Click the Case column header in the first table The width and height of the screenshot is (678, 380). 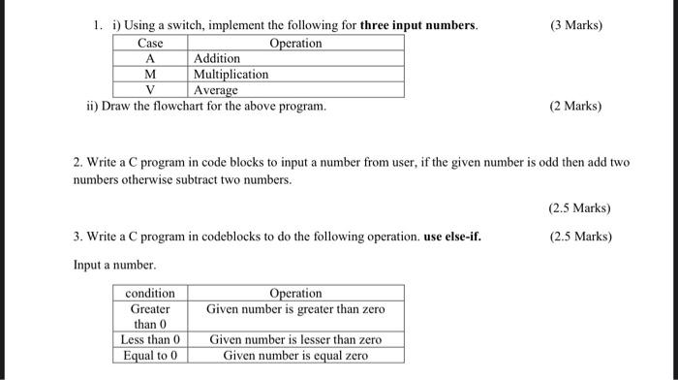click(x=150, y=44)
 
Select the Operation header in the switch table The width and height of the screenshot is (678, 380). click(x=295, y=44)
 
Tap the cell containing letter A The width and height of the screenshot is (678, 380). click(x=150, y=59)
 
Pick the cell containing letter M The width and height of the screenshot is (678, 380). click(x=150, y=74)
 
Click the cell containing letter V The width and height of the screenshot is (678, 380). click(x=150, y=89)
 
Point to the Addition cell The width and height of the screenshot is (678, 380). click(x=217, y=59)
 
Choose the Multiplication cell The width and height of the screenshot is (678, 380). click(x=231, y=74)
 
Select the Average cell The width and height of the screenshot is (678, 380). click(x=216, y=89)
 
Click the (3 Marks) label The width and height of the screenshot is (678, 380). click(x=574, y=24)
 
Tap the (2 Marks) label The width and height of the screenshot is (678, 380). click(x=574, y=105)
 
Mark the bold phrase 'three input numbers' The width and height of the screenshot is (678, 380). click(x=418, y=24)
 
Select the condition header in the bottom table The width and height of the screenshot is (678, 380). click(x=150, y=293)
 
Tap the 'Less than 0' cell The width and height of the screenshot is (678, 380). click(x=150, y=339)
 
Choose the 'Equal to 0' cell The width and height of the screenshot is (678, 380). click(x=150, y=355)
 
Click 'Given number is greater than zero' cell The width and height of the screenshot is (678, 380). click(x=295, y=309)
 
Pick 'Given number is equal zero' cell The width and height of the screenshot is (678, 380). click(x=295, y=355)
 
